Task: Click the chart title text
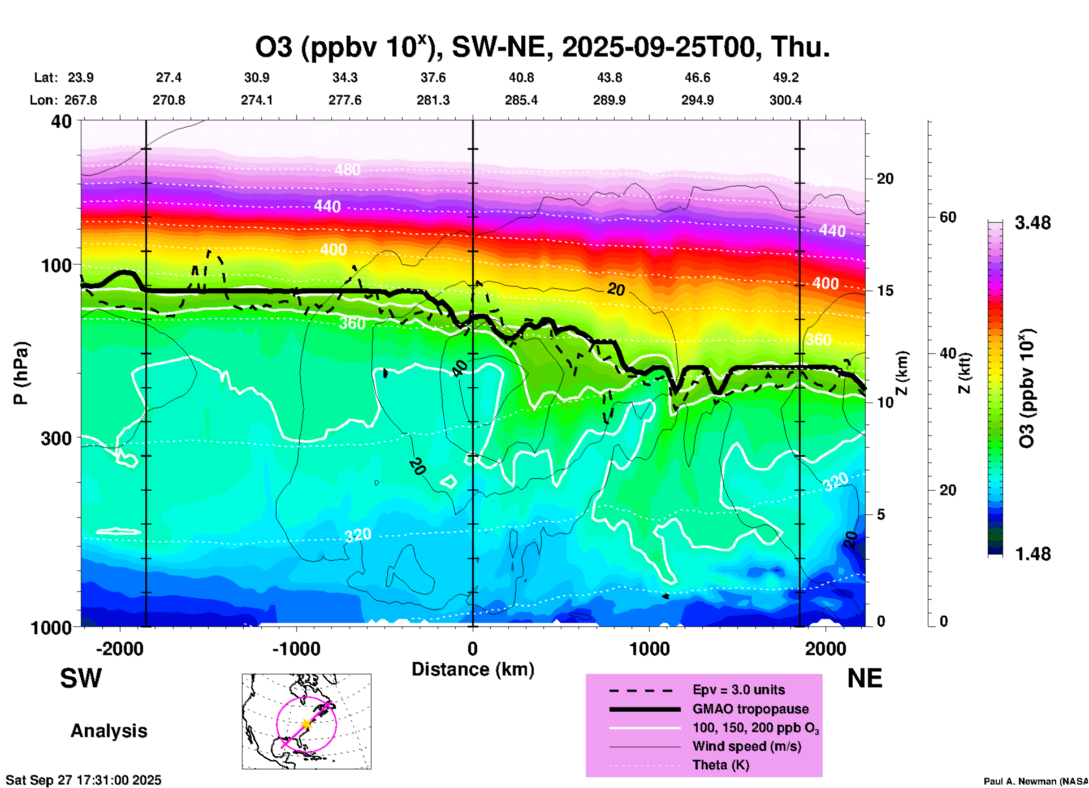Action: point(542,47)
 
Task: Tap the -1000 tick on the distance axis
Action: point(296,648)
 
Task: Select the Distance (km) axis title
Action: point(473,669)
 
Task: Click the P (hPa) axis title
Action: point(20,373)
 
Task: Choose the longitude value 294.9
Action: point(697,100)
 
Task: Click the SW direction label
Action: point(81,678)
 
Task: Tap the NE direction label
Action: point(865,678)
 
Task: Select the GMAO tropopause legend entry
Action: point(750,709)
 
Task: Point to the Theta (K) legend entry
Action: point(720,765)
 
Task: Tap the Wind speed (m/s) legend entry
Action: point(746,747)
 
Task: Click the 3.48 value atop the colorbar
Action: point(1032,223)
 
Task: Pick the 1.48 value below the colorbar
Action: point(1032,553)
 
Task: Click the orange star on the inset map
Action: point(306,724)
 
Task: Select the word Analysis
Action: point(109,731)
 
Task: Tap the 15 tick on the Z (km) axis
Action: point(885,291)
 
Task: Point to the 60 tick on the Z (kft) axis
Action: point(948,217)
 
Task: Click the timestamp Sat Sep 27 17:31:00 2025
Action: point(83,780)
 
